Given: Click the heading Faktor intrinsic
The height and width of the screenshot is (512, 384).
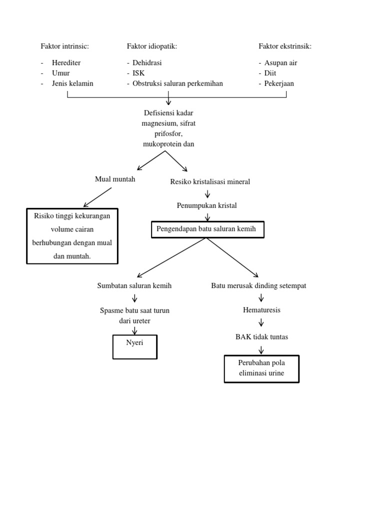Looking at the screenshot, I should pyautogui.click(x=65, y=46).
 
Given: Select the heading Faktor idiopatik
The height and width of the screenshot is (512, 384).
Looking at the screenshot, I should pyautogui.click(x=152, y=46).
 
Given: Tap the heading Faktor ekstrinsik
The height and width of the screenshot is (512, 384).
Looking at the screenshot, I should pyautogui.click(x=285, y=46).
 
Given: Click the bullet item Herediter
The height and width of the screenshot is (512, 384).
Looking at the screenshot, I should pyautogui.click(x=66, y=63).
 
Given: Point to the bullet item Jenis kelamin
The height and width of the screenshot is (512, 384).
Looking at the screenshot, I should pyautogui.click(x=72, y=83).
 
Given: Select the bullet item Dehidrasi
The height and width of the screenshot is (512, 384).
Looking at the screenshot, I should pyautogui.click(x=147, y=63).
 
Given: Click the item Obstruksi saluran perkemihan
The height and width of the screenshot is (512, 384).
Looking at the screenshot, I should pyautogui.click(x=177, y=83).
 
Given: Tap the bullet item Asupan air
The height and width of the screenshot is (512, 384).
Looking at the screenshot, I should pyautogui.click(x=281, y=63).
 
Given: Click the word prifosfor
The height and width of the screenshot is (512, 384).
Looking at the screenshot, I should pyautogui.click(x=168, y=134).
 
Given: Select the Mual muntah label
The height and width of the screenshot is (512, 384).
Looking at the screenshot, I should pyautogui.click(x=115, y=179).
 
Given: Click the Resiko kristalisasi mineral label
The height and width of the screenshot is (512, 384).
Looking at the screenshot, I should pyautogui.click(x=210, y=181).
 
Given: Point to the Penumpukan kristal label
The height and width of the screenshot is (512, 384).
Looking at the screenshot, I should pyautogui.click(x=207, y=205).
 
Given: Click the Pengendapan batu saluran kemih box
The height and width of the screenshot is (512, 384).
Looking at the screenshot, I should pyautogui.click(x=207, y=229).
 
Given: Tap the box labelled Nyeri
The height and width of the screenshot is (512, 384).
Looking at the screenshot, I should pyautogui.click(x=135, y=347).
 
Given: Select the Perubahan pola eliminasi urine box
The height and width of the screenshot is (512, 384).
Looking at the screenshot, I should pyautogui.click(x=261, y=369).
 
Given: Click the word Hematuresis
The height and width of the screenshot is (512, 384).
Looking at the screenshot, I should pyautogui.click(x=261, y=310).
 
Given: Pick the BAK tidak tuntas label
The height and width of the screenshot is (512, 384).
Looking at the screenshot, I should pyautogui.click(x=261, y=337).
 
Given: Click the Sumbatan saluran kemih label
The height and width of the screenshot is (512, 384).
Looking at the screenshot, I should pyautogui.click(x=134, y=285).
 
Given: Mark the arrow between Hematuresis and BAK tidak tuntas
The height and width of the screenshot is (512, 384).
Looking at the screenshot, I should pyautogui.click(x=261, y=323).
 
